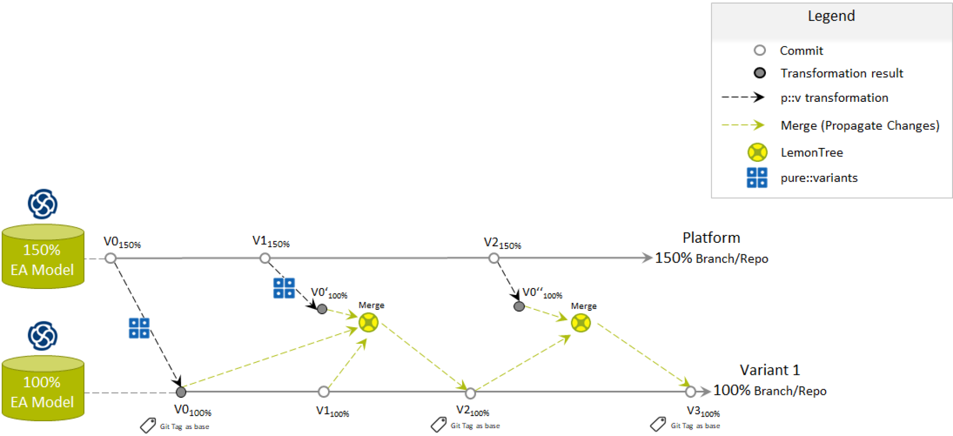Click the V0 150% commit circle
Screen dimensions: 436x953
tap(111, 258)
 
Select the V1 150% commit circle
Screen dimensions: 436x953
tap(265, 258)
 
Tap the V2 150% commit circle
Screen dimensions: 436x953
tap(493, 258)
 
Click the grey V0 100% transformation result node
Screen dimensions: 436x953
tap(181, 392)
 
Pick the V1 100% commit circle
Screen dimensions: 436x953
tap(324, 392)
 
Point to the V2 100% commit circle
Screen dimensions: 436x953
tap(471, 393)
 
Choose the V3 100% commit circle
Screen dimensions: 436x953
tap(690, 392)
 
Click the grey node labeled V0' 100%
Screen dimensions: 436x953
tap(322, 309)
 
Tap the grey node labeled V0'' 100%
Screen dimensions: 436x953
tap(519, 306)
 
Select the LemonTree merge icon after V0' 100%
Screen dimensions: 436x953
tap(369, 323)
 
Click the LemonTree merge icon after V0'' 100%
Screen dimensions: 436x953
tap(581, 323)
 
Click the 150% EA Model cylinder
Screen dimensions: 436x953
tap(43, 257)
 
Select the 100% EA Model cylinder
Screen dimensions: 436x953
tap(43, 389)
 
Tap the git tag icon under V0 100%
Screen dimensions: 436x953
tap(148, 425)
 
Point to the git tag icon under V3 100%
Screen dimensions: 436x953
tap(658, 424)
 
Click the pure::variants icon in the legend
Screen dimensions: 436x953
tap(757, 178)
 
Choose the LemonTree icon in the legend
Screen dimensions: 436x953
tap(757, 152)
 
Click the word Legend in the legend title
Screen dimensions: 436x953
tap(831, 16)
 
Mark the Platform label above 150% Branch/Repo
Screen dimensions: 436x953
tap(711, 238)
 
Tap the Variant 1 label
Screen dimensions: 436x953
tap(770, 370)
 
